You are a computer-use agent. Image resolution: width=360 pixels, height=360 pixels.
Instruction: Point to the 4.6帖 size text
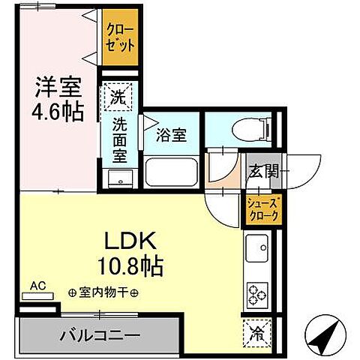click(x=57, y=112)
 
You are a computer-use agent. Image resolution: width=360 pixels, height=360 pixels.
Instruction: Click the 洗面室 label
click(x=120, y=140)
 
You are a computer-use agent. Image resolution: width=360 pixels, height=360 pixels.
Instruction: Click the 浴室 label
click(x=172, y=136)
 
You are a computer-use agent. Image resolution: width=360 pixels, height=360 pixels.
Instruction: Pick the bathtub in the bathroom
click(x=171, y=175)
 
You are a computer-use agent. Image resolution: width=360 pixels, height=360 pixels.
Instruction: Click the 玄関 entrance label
click(x=263, y=171)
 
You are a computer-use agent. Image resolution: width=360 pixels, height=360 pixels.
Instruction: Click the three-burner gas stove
click(x=259, y=293)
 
